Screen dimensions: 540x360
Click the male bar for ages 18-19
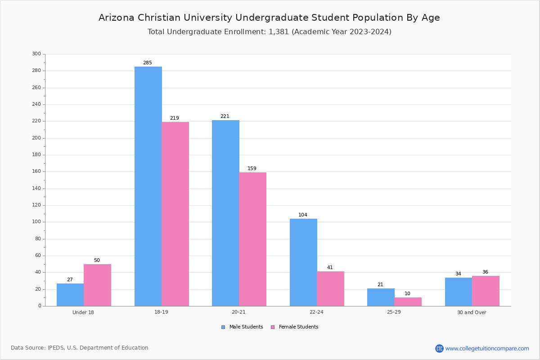click(x=148, y=186)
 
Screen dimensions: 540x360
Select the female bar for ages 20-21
click(x=252, y=239)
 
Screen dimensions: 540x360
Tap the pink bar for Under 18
click(x=97, y=285)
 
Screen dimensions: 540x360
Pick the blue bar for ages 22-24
click(x=303, y=262)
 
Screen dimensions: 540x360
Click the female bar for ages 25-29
click(x=408, y=302)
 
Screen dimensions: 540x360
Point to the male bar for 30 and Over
click(x=459, y=292)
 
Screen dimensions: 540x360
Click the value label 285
click(x=148, y=63)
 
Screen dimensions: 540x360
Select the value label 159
click(x=252, y=168)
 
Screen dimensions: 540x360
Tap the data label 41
click(x=330, y=267)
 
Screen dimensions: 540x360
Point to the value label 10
click(x=407, y=293)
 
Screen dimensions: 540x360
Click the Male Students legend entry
click(x=242, y=327)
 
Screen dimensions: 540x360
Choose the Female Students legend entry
click(x=295, y=327)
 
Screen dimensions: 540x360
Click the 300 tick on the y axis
click(x=36, y=54)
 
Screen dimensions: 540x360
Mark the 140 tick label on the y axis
click(x=36, y=188)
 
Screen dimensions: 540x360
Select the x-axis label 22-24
click(x=316, y=312)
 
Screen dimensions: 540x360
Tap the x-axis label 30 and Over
click(x=472, y=312)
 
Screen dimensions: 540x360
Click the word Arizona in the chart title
click(x=117, y=18)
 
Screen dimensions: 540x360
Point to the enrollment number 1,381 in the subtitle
click(x=279, y=32)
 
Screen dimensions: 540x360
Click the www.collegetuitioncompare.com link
click(x=487, y=348)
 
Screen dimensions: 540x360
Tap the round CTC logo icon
click(x=439, y=348)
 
